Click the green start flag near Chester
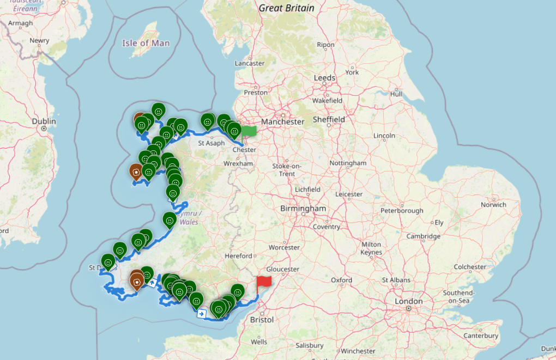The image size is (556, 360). (249, 131)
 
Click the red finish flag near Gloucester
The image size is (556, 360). (264, 281)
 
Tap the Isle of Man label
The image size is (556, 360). (146, 43)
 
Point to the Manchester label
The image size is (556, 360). (282, 121)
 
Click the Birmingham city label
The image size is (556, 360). (303, 209)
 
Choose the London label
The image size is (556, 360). (408, 301)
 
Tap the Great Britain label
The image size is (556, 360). (286, 8)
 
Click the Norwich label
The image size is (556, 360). (493, 205)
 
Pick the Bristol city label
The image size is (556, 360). (263, 319)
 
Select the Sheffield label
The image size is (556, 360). (329, 119)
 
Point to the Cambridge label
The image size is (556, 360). (423, 236)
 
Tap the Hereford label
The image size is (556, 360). (238, 255)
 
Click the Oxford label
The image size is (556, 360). (341, 280)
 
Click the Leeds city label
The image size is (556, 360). (324, 78)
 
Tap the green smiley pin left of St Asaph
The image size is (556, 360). (180, 126)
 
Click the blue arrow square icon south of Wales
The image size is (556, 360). (201, 314)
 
